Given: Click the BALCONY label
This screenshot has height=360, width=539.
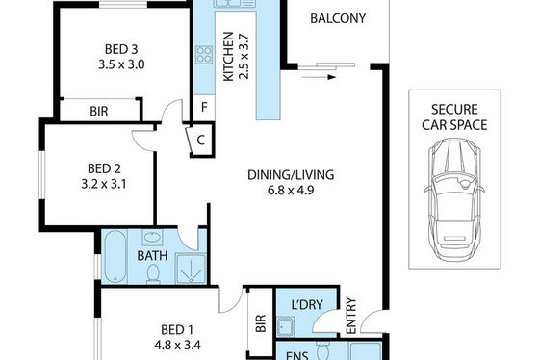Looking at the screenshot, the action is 338,18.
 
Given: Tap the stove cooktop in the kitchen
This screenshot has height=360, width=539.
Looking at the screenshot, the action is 204,55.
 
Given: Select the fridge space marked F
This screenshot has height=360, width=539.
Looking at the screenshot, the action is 204,108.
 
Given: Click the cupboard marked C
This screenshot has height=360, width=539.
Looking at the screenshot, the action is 201,140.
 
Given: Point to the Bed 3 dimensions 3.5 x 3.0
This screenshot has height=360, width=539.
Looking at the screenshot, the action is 121,64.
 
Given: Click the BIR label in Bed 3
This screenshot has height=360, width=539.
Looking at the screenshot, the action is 99,112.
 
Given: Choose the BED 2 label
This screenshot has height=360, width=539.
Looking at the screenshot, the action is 104,168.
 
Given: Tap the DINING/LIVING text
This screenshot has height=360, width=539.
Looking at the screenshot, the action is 291,175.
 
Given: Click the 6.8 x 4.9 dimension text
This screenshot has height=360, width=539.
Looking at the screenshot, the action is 291,191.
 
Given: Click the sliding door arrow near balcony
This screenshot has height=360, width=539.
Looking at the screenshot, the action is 319,77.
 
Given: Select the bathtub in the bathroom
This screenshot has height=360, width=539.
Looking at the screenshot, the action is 115,256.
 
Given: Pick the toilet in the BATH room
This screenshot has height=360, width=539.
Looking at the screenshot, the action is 153,274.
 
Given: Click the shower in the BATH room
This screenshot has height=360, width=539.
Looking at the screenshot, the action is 191,269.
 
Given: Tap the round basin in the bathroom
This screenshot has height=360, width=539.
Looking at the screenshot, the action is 153,237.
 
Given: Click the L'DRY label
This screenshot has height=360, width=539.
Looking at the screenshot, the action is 307,304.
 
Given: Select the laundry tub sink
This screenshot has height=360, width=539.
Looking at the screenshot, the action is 286,326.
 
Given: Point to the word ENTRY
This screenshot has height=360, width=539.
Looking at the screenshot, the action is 351,316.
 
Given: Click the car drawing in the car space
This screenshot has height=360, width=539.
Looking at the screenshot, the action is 454,195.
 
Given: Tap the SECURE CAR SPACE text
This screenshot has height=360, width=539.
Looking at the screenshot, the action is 454,117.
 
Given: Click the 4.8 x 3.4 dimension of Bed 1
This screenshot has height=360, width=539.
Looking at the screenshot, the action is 177,345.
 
